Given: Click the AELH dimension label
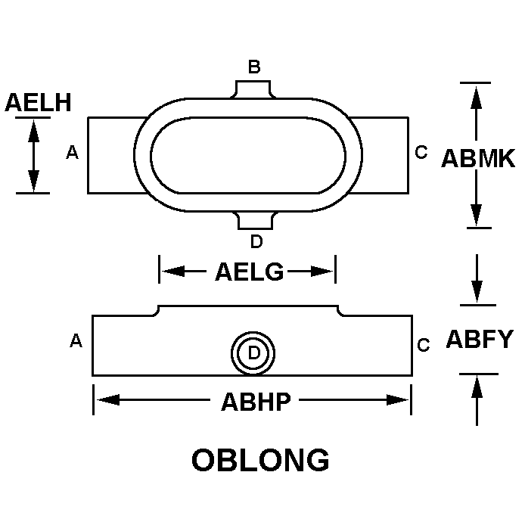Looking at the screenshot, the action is (38, 102).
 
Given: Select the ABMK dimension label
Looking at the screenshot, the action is (478, 158).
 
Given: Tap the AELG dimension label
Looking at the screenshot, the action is (250, 272).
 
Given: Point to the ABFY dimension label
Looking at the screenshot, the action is (480, 339).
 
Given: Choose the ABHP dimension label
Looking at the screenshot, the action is (256, 402).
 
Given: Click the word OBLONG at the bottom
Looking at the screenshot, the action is (260, 460).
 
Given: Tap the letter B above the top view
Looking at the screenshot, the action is (254, 67).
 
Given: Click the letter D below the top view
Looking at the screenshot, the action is (256, 241).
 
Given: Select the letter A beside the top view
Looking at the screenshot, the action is (72, 152).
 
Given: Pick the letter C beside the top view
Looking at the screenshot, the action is (421, 152).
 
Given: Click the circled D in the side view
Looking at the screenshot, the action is (253, 353).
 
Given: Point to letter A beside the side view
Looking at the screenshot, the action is (76, 340).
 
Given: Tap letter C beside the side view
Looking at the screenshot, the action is (423, 345).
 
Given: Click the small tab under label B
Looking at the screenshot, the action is (253, 89).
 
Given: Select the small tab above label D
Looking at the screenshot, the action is (255, 221).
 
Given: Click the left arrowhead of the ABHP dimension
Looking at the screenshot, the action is (108, 399).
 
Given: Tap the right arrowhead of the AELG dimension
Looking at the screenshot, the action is (322, 271).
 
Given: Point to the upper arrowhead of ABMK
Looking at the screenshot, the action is (476, 98).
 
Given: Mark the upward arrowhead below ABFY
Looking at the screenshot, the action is (477, 387).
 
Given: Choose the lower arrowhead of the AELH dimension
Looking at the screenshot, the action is (33, 181).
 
